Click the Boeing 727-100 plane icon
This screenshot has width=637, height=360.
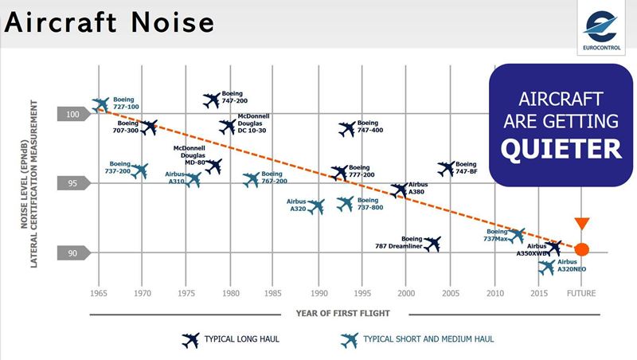(x=100, y=104)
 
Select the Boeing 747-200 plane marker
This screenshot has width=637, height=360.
(x=211, y=100)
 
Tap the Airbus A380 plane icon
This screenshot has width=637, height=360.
(x=400, y=190)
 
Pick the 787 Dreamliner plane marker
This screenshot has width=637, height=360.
(x=432, y=244)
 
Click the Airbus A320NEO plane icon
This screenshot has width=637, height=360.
(x=546, y=268)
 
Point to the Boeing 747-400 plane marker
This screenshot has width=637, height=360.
(x=346, y=129)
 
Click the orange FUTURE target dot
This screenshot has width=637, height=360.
(x=582, y=249)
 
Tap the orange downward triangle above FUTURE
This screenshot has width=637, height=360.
(x=582, y=224)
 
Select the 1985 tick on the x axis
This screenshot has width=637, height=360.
(x=274, y=293)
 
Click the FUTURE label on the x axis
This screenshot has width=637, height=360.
(x=582, y=293)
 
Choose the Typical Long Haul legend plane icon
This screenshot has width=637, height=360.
(x=191, y=340)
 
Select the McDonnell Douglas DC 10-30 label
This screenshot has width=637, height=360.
(x=254, y=124)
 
